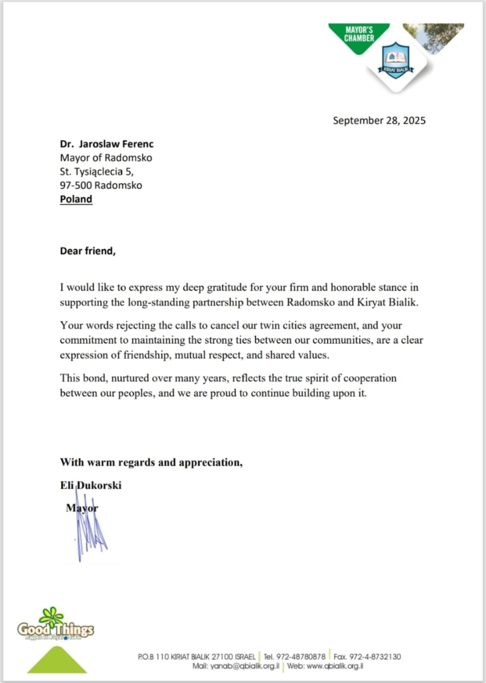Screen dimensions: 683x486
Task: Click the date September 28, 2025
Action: (x=379, y=120)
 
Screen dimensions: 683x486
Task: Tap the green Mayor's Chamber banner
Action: (x=359, y=35)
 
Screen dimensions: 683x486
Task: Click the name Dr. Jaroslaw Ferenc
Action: (x=107, y=144)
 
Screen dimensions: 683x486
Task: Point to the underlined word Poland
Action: (x=76, y=199)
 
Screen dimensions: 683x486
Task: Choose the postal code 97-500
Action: (x=76, y=185)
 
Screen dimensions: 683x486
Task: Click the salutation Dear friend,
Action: (x=87, y=251)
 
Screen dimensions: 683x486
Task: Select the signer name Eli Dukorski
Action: (x=90, y=486)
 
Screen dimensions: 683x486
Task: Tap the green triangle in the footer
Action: (x=57, y=661)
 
